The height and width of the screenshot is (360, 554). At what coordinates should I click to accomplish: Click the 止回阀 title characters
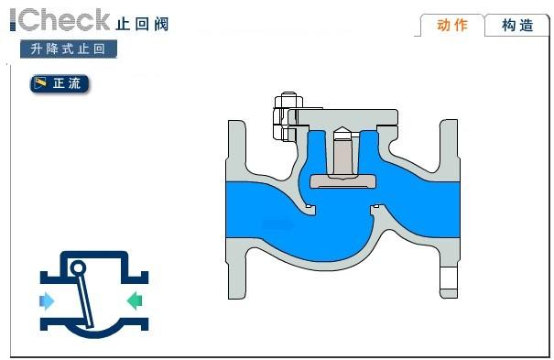(x=142, y=24)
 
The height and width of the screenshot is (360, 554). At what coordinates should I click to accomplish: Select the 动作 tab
(x=452, y=25)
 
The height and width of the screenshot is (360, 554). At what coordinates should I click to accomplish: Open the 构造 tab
(x=517, y=25)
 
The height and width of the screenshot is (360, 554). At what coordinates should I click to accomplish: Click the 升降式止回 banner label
(x=68, y=49)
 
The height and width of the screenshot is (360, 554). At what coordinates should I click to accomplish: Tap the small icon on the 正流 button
(x=40, y=83)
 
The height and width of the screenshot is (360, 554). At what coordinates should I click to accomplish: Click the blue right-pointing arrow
(x=47, y=301)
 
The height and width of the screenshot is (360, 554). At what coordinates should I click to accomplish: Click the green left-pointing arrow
(x=135, y=300)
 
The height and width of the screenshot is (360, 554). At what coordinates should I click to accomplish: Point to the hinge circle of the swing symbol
(x=78, y=267)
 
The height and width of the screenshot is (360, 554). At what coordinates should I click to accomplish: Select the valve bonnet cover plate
(x=343, y=117)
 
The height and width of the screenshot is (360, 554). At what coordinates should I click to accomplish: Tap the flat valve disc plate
(x=343, y=181)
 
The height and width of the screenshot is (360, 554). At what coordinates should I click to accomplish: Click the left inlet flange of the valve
(x=236, y=210)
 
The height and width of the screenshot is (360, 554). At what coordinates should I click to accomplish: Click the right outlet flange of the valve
(x=449, y=209)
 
